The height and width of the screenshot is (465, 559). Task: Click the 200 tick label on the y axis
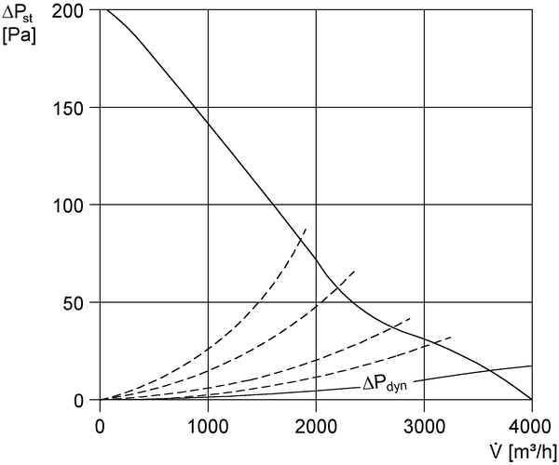pos(68,10)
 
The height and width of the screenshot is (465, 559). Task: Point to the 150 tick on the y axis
pos(68,108)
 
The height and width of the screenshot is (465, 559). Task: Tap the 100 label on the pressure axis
pos(68,206)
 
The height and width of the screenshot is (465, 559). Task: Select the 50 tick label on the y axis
pos(74,303)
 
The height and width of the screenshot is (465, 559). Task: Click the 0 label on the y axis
pos(79,401)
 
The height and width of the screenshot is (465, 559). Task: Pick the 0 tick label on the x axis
pos(100,427)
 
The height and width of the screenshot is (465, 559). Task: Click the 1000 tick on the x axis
pos(208,427)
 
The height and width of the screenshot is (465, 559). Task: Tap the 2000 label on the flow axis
pos(316,427)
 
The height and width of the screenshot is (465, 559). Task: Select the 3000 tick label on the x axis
pos(424,427)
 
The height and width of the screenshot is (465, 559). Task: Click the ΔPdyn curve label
pos(385,384)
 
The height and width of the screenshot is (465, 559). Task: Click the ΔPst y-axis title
pos(17,14)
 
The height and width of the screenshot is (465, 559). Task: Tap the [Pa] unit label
pos(19,36)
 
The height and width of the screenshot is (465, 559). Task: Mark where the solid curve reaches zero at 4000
pos(532,399)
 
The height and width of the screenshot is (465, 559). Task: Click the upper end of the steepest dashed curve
pos(307,229)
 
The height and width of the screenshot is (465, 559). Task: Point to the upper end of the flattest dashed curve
pos(452,337)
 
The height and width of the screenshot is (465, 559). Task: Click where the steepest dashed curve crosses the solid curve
pos(300,240)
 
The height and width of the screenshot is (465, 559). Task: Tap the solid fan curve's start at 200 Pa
pos(105,9)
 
